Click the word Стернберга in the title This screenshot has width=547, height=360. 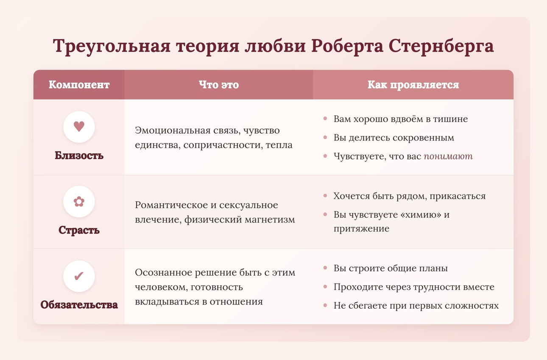pos(441,46)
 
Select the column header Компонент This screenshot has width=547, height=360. pos(79,85)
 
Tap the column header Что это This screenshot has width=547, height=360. pos(219,85)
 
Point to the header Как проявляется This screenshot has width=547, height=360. pos(413,85)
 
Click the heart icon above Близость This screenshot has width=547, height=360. pos(79,126)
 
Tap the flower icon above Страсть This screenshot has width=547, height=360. pos(79,201)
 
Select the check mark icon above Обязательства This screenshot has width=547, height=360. pos(79,276)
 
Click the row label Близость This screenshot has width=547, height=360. pos(79,155)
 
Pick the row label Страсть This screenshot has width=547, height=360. pos(79,230)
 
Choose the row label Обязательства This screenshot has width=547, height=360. pos(79,304)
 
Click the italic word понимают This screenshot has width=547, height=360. pos(448,156)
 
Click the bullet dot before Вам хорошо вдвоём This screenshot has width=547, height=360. pos(325,119)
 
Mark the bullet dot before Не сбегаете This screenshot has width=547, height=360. pos(325,305)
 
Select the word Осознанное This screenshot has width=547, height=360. pos(163,272)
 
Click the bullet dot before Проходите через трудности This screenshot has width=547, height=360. pos(325,287)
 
